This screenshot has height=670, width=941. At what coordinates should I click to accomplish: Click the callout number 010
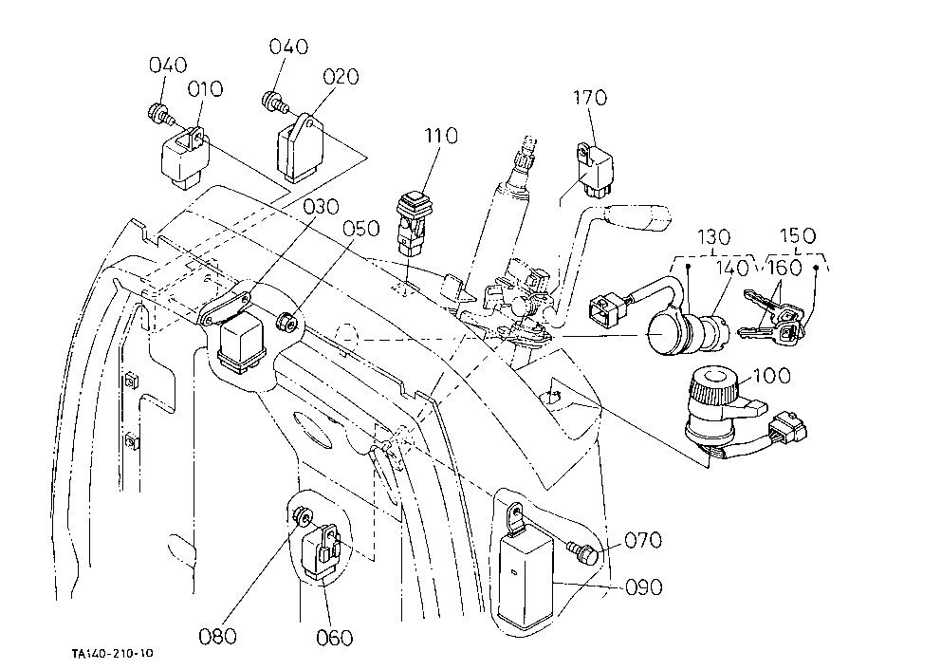[x=205, y=89]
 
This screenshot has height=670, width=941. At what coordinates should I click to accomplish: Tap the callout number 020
[x=341, y=76]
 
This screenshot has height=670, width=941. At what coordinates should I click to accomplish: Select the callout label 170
[x=590, y=97]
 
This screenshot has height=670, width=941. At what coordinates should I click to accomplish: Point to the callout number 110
[x=441, y=136]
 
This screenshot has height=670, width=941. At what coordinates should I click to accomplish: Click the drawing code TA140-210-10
[x=112, y=653]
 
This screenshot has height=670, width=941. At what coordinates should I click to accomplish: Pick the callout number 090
[x=644, y=586]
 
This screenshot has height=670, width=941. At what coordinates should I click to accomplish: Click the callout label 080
[x=217, y=636]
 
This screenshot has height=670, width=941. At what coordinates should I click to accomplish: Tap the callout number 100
[x=772, y=376]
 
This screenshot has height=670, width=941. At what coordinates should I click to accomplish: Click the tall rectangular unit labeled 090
[x=526, y=568]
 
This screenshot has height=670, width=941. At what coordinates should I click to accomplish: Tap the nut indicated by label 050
[x=287, y=322]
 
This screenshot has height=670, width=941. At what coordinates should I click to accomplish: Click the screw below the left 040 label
[x=159, y=114]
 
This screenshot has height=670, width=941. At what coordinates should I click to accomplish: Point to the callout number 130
[x=713, y=237]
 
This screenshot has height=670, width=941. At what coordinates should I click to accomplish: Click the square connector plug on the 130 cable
[x=608, y=309]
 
